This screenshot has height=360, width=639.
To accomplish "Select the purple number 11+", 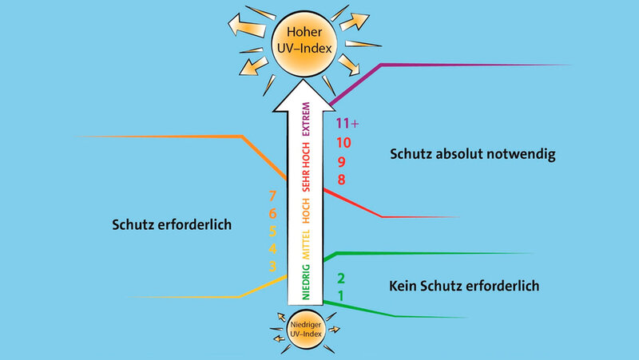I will (x=347, y=124).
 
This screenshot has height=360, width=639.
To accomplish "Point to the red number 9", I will (x=341, y=162).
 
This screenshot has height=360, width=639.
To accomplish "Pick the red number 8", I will (x=341, y=180).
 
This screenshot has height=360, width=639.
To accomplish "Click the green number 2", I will (x=341, y=279).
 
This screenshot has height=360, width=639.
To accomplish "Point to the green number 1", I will (x=341, y=296).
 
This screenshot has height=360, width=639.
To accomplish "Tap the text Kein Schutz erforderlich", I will (x=464, y=284).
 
